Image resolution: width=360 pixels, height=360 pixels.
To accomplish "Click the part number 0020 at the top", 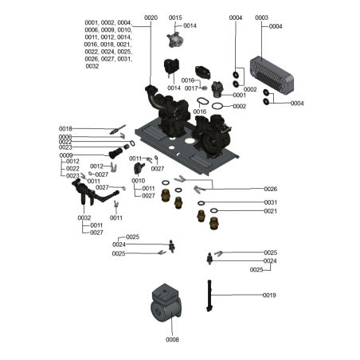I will [x=151, y=18].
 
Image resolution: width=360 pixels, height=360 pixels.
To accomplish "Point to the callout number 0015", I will [x=175, y=18].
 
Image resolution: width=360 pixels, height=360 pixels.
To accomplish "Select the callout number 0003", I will [x=261, y=18].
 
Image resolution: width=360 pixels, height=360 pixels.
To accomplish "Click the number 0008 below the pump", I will [x=172, y=340].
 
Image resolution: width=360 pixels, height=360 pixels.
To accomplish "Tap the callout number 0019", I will [x=269, y=295].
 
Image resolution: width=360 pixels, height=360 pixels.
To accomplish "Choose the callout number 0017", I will [x=191, y=88].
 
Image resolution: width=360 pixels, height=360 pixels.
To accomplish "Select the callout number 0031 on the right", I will [x=270, y=202].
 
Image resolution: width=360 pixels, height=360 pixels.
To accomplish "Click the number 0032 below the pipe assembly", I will [x=84, y=217].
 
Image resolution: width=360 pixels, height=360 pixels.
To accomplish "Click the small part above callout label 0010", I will [x=139, y=168].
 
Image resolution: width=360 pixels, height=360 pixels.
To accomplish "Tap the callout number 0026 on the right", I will [x=270, y=189].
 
